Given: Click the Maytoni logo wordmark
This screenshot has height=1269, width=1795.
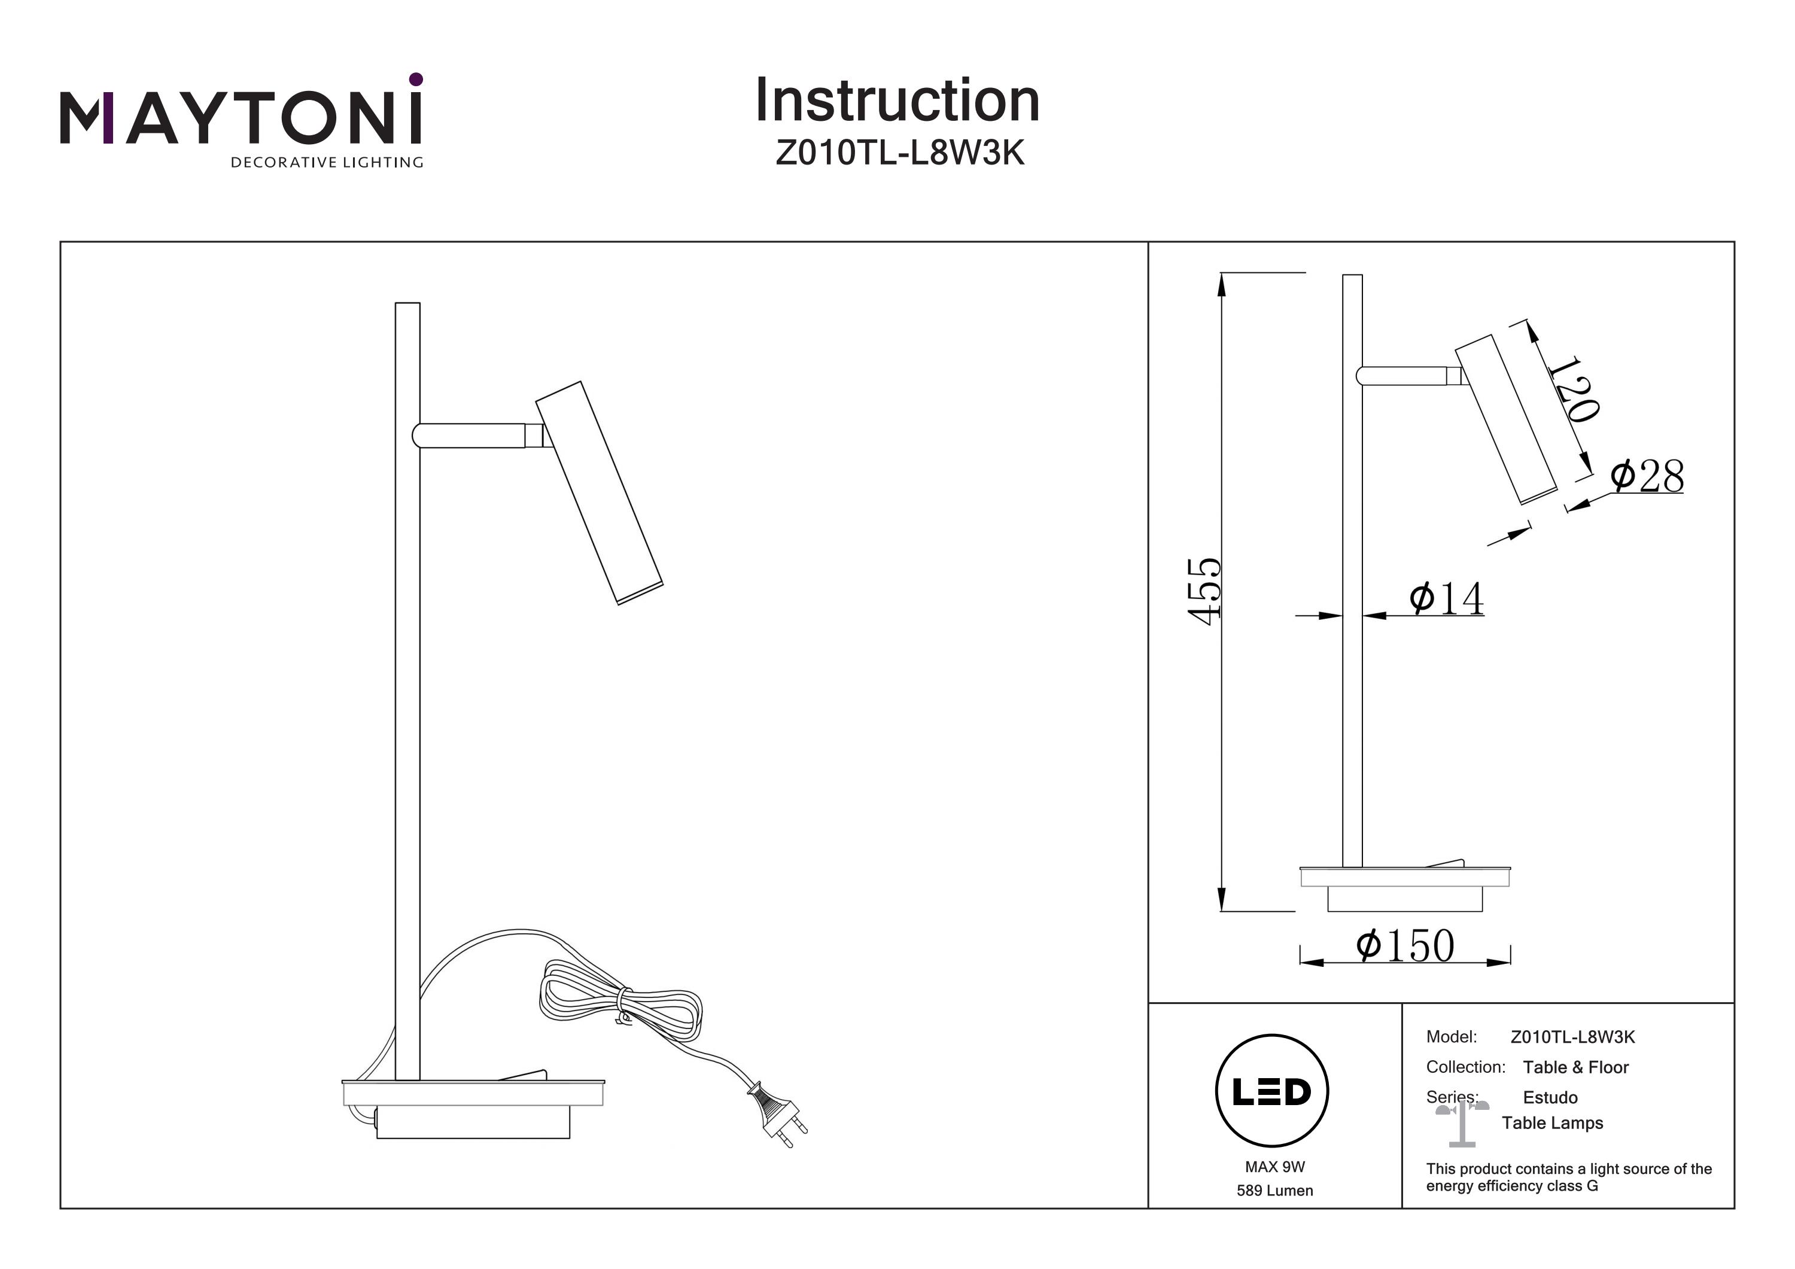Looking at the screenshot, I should (x=241, y=119).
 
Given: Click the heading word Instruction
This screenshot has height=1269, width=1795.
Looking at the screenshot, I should (x=897, y=101).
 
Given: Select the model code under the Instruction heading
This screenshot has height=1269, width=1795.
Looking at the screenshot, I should (x=899, y=153).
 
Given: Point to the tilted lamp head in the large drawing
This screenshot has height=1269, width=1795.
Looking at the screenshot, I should (x=599, y=492).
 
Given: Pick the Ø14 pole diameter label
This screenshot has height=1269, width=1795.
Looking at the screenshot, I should (x=1446, y=599).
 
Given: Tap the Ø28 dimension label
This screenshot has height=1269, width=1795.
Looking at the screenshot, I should (x=1647, y=476).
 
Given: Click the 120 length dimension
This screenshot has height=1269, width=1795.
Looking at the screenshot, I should (x=1574, y=389).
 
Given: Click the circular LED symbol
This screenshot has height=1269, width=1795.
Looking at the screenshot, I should (x=1271, y=1091).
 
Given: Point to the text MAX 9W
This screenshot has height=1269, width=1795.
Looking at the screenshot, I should (x=1274, y=1167).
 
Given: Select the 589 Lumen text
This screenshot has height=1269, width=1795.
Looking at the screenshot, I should (x=1274, y=1191).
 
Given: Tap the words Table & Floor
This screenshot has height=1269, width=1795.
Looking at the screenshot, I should (x=1575, y=1067).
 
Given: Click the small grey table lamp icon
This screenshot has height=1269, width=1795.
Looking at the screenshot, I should (x=1461, y=1124).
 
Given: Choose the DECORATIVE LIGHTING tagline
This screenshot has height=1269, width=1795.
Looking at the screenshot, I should (x=327, y=163).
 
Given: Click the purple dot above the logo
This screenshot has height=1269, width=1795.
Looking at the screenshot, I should (x=416, y=79).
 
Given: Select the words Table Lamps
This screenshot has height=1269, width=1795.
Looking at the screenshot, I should (x=1552, y=1124).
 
